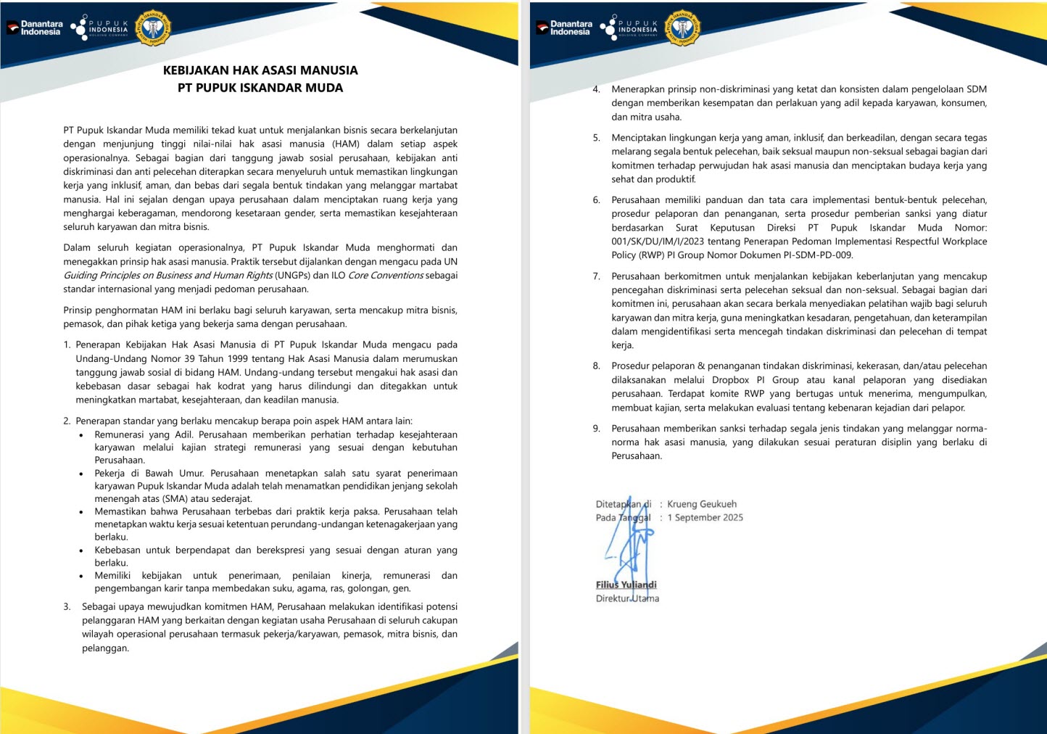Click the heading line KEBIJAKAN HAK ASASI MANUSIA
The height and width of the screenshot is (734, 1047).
coord(260,70)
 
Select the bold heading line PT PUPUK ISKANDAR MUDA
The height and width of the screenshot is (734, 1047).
coord(260,88)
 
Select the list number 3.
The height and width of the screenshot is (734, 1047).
coord(67,607)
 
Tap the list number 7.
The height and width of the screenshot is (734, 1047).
coord(596,276)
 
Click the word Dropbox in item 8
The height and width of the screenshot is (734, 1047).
coord(730,380)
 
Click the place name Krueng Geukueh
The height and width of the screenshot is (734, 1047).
coord(702,504)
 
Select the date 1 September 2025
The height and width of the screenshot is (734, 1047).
coord(705,518)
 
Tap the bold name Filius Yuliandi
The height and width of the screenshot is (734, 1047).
coord(626,585)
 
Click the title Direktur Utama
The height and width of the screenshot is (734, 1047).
coord(627,598)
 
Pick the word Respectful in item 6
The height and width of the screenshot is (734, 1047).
coord(897,242)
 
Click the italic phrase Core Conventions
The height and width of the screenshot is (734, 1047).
coord(386,276)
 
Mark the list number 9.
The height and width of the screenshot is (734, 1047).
coord(596,429)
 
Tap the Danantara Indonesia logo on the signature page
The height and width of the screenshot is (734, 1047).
coord(564,28)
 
